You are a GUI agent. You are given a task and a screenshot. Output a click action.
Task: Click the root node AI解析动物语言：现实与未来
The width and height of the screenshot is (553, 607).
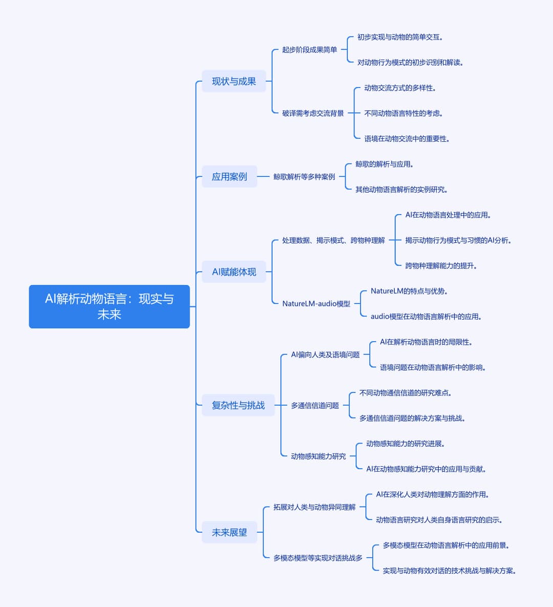tap(109, 307)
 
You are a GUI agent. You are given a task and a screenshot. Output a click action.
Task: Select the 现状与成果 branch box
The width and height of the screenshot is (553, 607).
tap(233, 81)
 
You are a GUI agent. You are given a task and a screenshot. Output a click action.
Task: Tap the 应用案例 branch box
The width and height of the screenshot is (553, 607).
tap(229, 177)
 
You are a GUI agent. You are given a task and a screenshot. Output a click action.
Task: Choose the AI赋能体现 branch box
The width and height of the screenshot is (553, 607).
tap(233, 272)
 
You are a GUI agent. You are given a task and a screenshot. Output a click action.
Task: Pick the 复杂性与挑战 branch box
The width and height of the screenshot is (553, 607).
tap(238, 405)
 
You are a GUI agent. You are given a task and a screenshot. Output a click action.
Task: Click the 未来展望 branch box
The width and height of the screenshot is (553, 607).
tap(229, 532)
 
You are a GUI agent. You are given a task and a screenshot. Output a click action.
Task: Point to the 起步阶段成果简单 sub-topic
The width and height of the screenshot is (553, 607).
tap(310, 50)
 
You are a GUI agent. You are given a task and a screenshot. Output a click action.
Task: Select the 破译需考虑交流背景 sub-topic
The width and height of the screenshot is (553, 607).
tap(313, 113)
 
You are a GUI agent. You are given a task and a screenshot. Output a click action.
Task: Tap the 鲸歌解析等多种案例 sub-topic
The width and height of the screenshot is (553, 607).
tap(304, 177)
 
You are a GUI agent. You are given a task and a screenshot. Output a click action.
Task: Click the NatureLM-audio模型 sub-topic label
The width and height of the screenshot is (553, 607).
tap(316, 303)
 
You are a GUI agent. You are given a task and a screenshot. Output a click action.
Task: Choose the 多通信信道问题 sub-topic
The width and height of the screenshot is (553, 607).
tap(315, 405)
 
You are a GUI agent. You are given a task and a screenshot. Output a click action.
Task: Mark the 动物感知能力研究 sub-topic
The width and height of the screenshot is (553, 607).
tap(318, 456)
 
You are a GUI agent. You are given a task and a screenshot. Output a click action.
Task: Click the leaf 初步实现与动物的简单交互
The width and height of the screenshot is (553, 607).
tap(400, 37)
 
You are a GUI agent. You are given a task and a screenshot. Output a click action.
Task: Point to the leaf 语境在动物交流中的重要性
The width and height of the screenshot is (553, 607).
tap(407, 139)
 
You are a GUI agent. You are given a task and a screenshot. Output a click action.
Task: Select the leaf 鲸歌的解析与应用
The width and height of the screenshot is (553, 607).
tap(384, 164)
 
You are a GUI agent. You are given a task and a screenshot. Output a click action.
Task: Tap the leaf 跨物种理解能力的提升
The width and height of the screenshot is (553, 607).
tap(441, 265)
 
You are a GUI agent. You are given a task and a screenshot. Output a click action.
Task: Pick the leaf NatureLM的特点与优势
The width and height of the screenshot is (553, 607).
tap(409, 291)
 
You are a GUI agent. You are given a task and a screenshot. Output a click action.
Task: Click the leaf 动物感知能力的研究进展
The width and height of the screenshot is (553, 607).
tap(405, 444)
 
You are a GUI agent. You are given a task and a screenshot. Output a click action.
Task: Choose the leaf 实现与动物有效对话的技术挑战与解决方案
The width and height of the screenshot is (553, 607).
tap(449, 571)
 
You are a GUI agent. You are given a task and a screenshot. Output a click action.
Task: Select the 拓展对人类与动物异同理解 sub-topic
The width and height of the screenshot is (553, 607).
tap(314, 507)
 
